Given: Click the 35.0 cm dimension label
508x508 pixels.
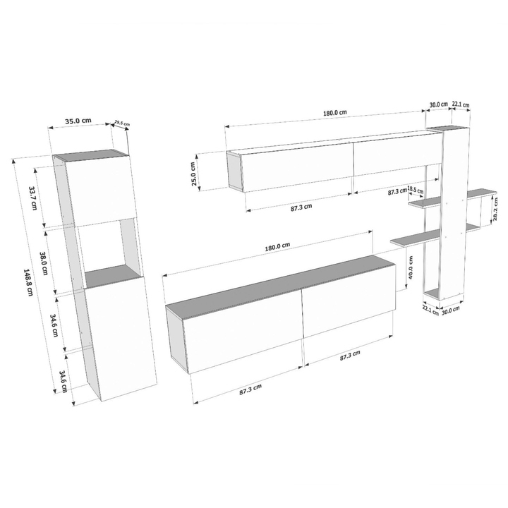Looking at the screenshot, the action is coord(78,121).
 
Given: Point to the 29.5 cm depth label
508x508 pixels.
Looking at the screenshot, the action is coord(122,123).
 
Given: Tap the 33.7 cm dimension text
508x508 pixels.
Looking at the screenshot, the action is coord(33,198).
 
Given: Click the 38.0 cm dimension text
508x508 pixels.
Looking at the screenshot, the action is coord(44,263).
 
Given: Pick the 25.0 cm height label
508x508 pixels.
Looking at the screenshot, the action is coord(194,174).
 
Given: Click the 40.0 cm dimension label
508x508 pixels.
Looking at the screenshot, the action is coord(411,267).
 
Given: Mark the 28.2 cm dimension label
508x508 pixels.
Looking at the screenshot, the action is coord(496,209).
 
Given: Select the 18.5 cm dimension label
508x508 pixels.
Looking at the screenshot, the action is coord(416,190).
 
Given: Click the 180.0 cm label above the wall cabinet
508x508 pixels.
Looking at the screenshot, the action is coord(334,112).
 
